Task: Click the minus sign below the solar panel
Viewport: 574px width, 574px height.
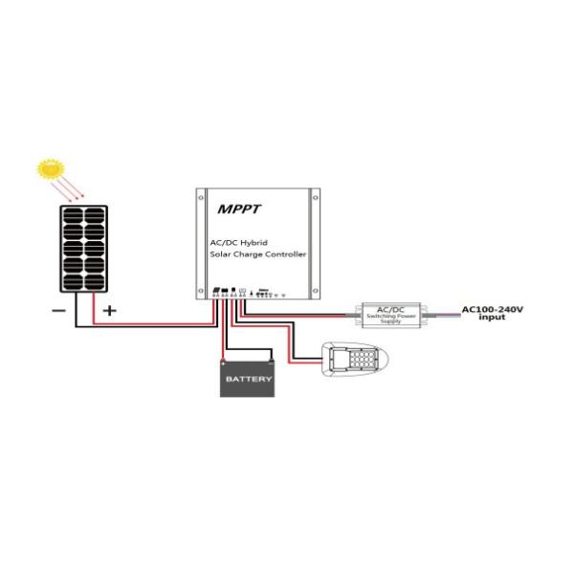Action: point(59,311)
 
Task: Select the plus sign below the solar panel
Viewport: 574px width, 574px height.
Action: point(109,311)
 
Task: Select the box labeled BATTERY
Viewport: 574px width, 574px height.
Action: point(248,379)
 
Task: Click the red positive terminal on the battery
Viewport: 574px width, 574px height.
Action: point(224,361)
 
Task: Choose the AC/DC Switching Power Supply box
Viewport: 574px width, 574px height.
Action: point(392,313)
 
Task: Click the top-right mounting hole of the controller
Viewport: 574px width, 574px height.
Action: point(311,197)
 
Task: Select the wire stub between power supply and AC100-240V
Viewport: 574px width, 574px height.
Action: point(445,313)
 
